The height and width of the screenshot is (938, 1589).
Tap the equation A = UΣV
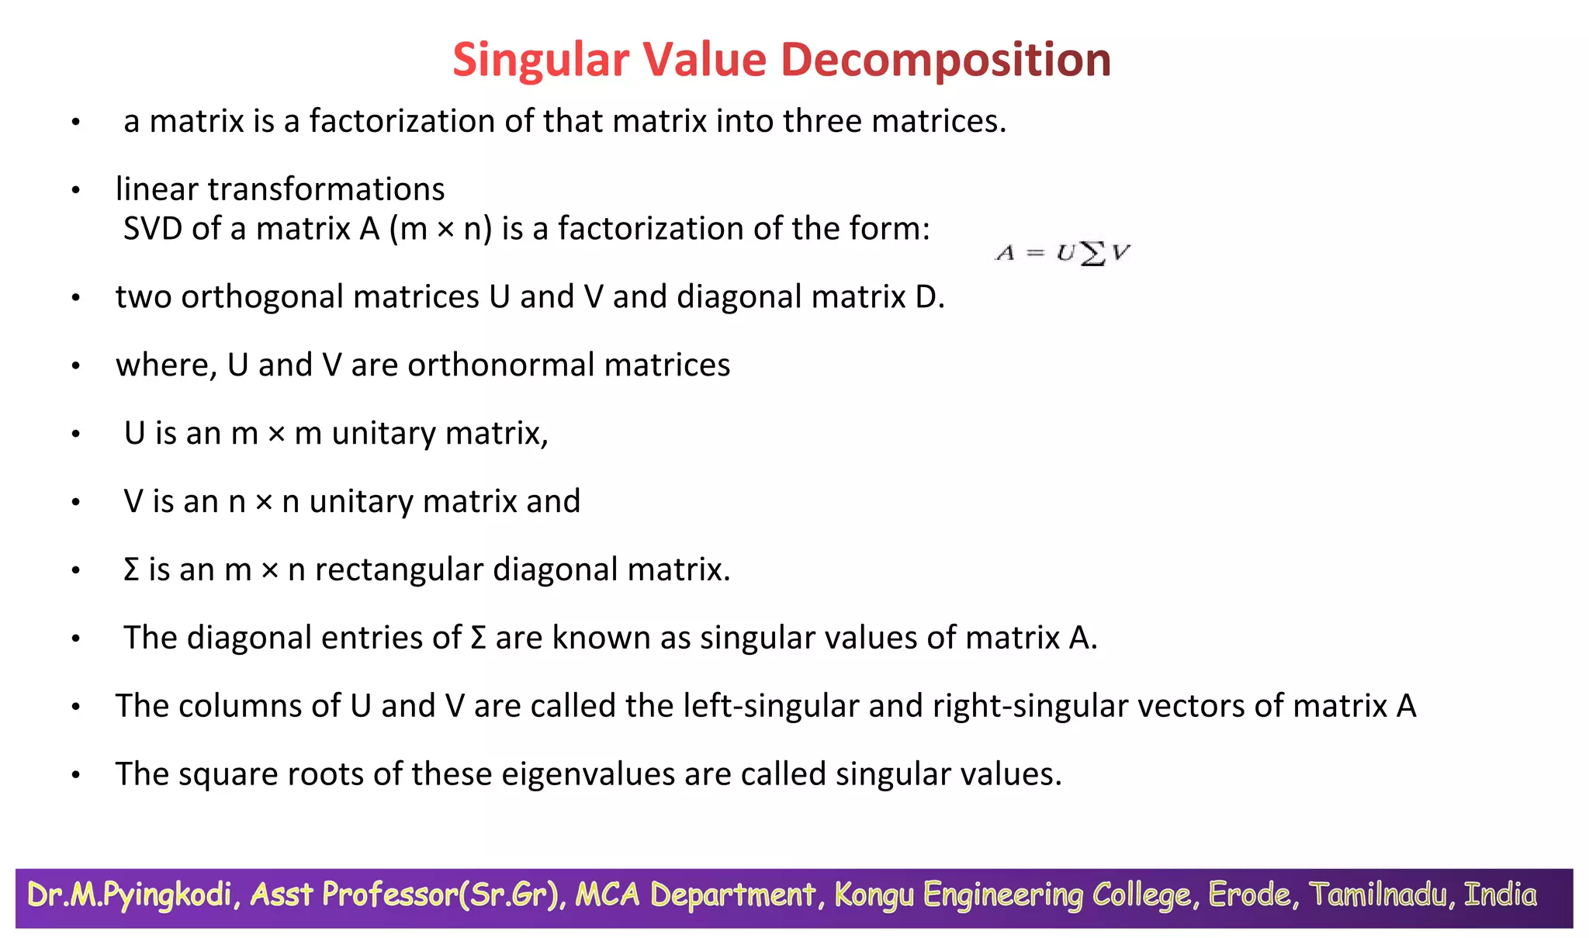(x=1063, y=253)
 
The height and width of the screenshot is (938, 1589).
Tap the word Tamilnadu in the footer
(x=1381, y=895)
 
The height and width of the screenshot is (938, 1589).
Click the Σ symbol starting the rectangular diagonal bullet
(x=131, y=570)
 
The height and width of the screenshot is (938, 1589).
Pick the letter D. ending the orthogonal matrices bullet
(x=930, y=297)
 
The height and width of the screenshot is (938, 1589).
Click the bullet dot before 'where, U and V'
(x=75, y=366)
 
